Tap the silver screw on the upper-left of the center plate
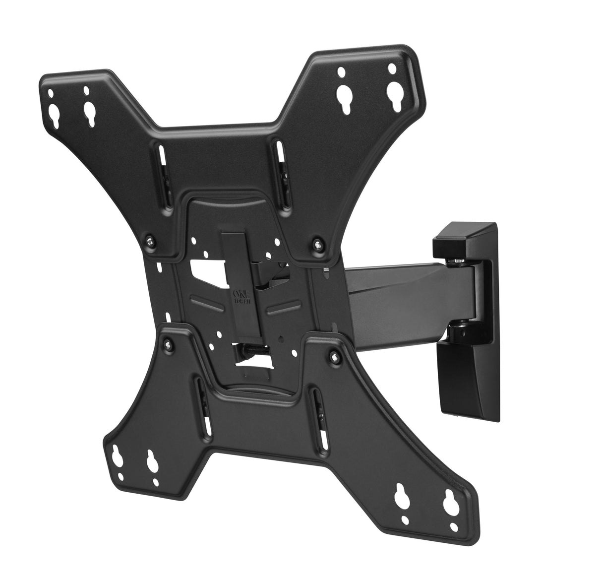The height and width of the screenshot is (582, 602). pos(148,242)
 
